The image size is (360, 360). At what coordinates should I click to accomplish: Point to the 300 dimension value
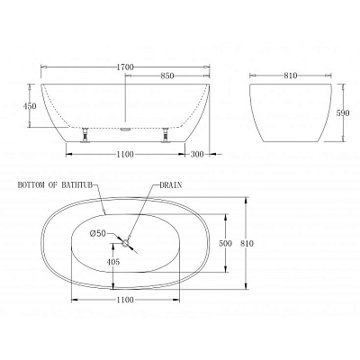[196, 155]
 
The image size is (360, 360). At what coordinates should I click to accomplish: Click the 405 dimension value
[112, 262]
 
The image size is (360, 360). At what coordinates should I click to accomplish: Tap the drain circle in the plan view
[127, 238]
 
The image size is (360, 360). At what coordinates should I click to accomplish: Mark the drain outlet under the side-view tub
[125, 128]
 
